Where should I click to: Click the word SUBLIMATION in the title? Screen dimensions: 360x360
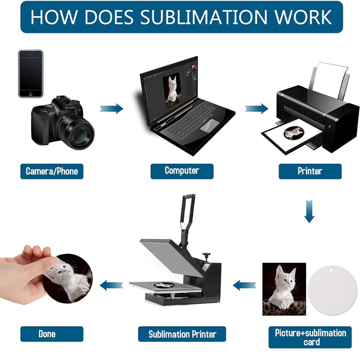pos(204,17)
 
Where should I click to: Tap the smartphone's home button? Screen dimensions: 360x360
pos(31,94)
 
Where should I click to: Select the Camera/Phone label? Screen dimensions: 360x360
pos(52,171)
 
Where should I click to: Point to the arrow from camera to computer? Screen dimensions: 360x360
pos(112,108)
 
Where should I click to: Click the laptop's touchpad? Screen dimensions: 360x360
pos(210,126)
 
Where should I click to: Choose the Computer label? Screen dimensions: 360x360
pos(182,171)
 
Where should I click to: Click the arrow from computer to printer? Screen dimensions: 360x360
pos(256,108)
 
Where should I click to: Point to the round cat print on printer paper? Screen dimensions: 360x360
pos(294,133)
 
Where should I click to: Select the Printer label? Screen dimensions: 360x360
pos(310,171)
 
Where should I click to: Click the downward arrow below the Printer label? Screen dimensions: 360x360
pos(309,211)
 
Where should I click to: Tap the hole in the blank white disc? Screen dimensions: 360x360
pos(331,270)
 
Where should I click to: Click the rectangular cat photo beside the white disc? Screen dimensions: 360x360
pos(284,289)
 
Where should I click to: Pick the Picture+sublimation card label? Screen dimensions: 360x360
pos(310,337)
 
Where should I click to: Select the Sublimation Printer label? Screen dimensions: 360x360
pos(182,334)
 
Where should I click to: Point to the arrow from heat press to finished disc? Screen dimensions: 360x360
pos(111,285)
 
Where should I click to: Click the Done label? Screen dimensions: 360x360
pos(52,334)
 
